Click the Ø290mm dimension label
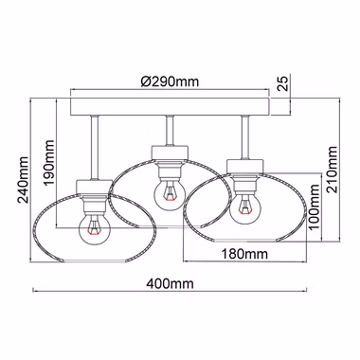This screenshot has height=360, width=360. pos(170,81)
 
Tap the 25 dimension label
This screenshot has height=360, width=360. pos(284,83)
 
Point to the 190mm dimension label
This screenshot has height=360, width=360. pos(49,163)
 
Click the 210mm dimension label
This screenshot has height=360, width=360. pos(333,170)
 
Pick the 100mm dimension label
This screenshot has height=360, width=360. pos(315,207)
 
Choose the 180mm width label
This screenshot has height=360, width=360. pos(244,253)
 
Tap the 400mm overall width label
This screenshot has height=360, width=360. pos(170,283)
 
